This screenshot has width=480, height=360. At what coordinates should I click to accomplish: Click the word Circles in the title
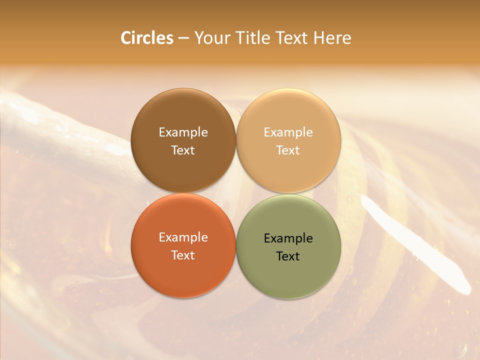[x=146, y=38]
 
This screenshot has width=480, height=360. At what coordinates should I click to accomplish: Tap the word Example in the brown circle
[x=183, y=132]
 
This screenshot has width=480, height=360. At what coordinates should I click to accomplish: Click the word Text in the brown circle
[x=183, y=150]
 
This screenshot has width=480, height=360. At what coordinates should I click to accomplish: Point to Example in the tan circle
[x=288, y=132]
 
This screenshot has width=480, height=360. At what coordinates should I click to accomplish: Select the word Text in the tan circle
[x=288, y=150]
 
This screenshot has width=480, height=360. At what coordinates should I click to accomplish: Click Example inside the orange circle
[x=183, y=237]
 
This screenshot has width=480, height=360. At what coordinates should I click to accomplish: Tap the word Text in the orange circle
[x=183, y=255]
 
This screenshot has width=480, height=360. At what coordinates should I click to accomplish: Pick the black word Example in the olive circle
[x=288, y=238]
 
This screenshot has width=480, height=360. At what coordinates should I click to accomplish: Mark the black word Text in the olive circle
[x=288, y=256]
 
